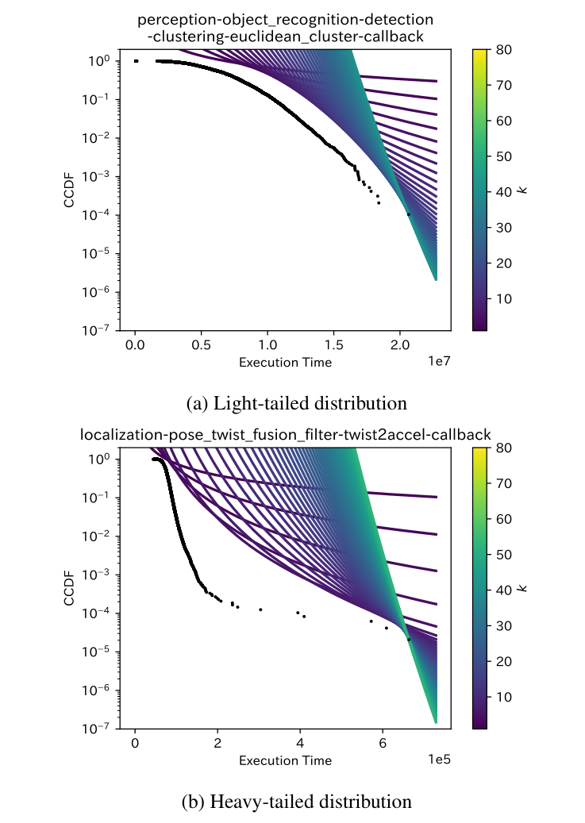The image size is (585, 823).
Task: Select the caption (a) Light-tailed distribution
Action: pos(296,403)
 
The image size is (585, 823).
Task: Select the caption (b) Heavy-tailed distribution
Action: pos(296,802)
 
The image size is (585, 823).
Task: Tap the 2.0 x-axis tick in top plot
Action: pos(398,346)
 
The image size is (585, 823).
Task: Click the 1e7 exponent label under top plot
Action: pos(440,361)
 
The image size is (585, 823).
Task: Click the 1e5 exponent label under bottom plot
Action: pos(440,760)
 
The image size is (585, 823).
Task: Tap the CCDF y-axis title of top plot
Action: pos(70,190)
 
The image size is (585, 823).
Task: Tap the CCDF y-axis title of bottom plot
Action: pos(70,588)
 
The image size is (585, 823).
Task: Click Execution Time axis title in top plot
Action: pos(285,362)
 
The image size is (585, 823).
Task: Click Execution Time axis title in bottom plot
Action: pos(285,760)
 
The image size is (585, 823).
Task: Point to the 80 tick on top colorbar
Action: pos(503,49)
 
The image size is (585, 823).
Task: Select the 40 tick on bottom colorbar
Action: pos(503,589)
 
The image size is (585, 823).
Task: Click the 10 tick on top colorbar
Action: pos(503,298)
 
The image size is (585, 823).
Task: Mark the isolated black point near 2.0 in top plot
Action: pos(409,214)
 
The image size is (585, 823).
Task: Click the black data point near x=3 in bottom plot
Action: pos(260,610)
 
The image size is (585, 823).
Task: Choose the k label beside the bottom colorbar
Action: pos(523,588)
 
